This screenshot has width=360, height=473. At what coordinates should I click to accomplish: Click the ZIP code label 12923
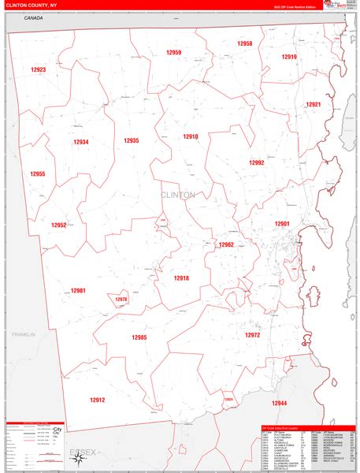pyautogui.click(x=39, y=70)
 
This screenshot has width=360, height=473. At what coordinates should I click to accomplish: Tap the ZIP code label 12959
pyautogui.click(x=173, y=53)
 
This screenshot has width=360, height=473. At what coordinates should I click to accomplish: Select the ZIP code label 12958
pyautogui.click(x=244, y=43)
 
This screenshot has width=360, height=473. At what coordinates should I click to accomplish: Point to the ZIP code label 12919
pyautogui.click(x=289, y=57)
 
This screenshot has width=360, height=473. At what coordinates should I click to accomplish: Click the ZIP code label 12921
pyautogui.click(x=314, y=104)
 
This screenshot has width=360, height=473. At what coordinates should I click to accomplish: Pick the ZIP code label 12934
pyautogui.click(x=81, y=142)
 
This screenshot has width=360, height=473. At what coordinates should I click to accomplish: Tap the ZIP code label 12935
pyautogui.click(x=131, y=140)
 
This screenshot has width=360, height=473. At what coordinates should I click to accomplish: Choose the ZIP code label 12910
pyautogui.click(x=191, y=136)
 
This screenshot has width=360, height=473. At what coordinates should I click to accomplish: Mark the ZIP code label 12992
pyautogui.click(x=257, y=162)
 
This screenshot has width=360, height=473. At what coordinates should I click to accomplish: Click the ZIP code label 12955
pyautogui.click(x=38, y=174)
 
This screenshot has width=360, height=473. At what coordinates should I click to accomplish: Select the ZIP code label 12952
pyautogui.click(x=59, y=225)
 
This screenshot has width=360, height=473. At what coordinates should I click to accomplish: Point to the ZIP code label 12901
pyautogui.click(x=282, y=224)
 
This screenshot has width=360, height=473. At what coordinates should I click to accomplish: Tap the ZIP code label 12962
pyautogui.click(x=226, y=244)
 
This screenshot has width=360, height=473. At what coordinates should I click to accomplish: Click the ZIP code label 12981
pyautogui.click(x=77, y=291)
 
